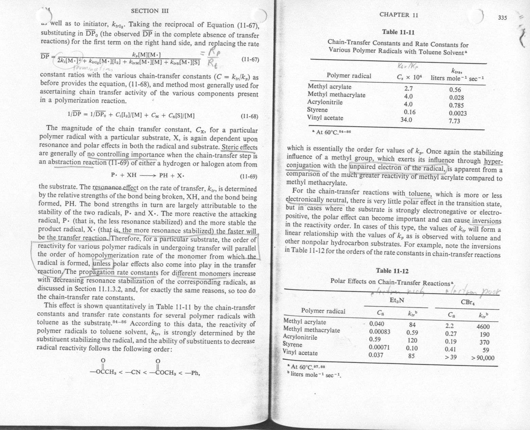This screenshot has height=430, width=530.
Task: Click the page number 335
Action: coord(502,18)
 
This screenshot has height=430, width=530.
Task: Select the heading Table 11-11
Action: coord(398,32)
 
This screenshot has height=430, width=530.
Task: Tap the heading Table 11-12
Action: coord(392,271)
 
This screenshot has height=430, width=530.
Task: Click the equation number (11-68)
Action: coord(249,116)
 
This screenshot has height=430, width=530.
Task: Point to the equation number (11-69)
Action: coord(249,176)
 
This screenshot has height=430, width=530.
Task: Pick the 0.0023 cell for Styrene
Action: coord(457,113)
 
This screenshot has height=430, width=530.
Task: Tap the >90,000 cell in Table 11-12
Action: coord(482,358)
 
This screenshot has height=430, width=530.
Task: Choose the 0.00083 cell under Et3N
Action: coord(379,332)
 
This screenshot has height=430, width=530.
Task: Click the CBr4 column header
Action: coord(467,301)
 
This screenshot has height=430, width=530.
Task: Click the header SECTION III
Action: coord(149,11)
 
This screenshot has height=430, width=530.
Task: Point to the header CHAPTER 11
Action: coord(399,15)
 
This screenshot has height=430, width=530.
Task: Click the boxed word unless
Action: coord(102,263)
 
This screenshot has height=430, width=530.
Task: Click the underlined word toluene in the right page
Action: coord(419,194)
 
